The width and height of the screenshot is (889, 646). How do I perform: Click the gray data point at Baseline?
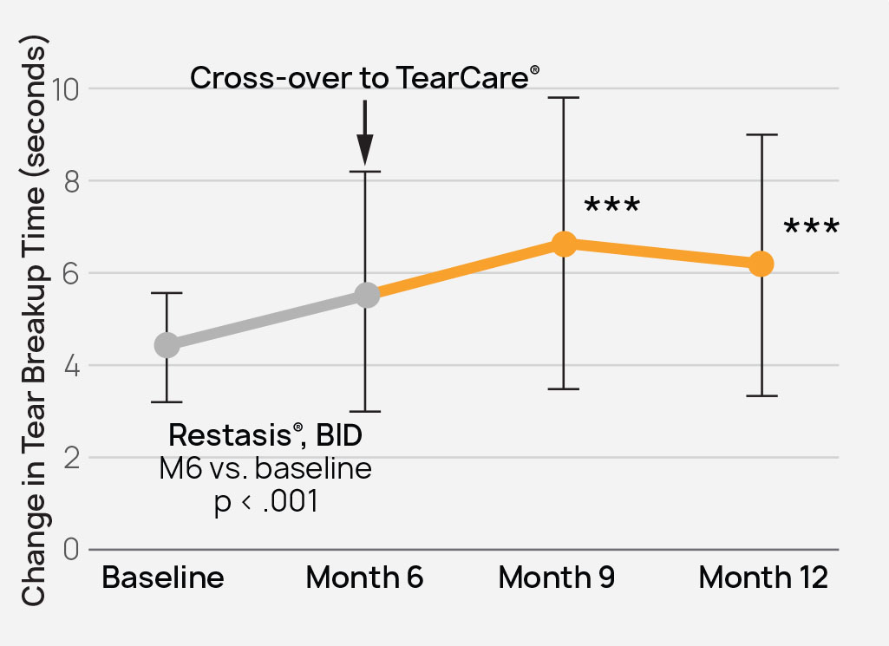tap(167, 345)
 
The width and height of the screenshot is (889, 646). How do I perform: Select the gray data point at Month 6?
tap(366, 295)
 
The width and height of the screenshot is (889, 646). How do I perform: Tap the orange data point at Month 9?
tap(564, 244)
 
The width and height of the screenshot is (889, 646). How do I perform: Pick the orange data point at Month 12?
tap(761, 264)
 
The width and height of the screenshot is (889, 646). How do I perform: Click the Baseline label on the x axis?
tap(163, 578)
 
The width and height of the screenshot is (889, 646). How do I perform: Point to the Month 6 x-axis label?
tap(364, 578)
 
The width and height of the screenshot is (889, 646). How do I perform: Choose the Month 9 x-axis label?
tap(557, 578)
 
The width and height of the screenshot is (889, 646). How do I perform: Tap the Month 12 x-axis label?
tap(763, 578)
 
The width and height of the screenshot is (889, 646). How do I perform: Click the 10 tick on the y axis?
tap(67, 88)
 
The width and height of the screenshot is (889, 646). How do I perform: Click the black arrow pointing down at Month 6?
tap(364, 134)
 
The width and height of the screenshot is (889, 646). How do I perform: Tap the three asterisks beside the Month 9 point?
tap(611, 208)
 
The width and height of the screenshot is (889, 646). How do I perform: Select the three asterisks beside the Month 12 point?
tap(811, 229)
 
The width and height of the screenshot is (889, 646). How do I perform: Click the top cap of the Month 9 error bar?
tap(564, 98)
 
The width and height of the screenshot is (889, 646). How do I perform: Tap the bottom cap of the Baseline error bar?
tap(167, 401)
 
